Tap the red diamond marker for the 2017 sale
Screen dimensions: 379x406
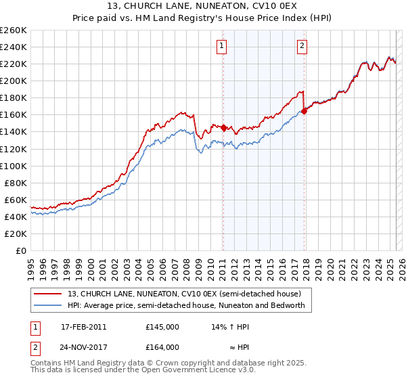(x=304, y=112)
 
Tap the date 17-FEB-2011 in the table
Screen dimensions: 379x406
(x=83, y=326)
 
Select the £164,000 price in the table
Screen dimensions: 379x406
(x=162, y=347)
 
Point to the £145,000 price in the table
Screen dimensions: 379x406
(x=162, y=326)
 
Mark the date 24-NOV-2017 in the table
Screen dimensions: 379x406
(x=84, y=347)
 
